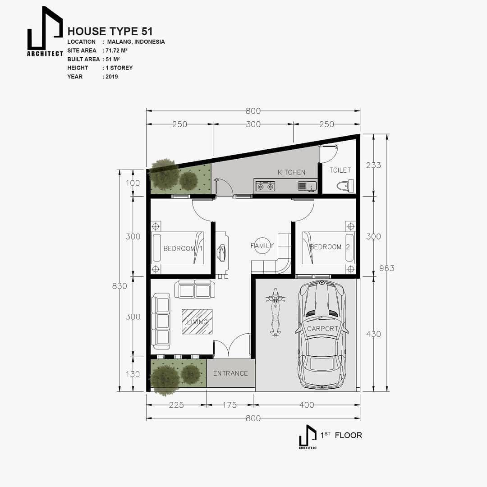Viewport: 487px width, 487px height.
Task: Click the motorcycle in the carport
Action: (x=275, y=314)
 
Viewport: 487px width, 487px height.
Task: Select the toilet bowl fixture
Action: (x=345, y=185)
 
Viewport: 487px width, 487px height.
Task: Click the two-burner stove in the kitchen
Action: (x=265, y=186)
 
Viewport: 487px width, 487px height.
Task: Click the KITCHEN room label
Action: (x=291, y=172)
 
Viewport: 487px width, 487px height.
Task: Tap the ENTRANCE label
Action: (x=230, y=373)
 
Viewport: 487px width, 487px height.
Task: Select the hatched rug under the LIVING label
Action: (x=197, y=322)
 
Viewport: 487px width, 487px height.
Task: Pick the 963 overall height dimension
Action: (x=387, y=268)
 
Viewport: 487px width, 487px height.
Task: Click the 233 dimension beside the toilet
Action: (x=373, y=165)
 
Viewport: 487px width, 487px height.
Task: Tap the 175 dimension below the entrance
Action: (x=230, y=405)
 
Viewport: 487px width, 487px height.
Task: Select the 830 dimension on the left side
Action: (x=119, y=285)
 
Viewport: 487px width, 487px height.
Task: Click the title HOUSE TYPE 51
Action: (x=110, y=31)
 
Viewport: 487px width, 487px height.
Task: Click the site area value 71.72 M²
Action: (x=116, y=51)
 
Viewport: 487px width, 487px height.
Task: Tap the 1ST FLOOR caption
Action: (x=341, y=435)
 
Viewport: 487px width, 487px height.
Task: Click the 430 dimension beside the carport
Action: (x=373, y=334)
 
